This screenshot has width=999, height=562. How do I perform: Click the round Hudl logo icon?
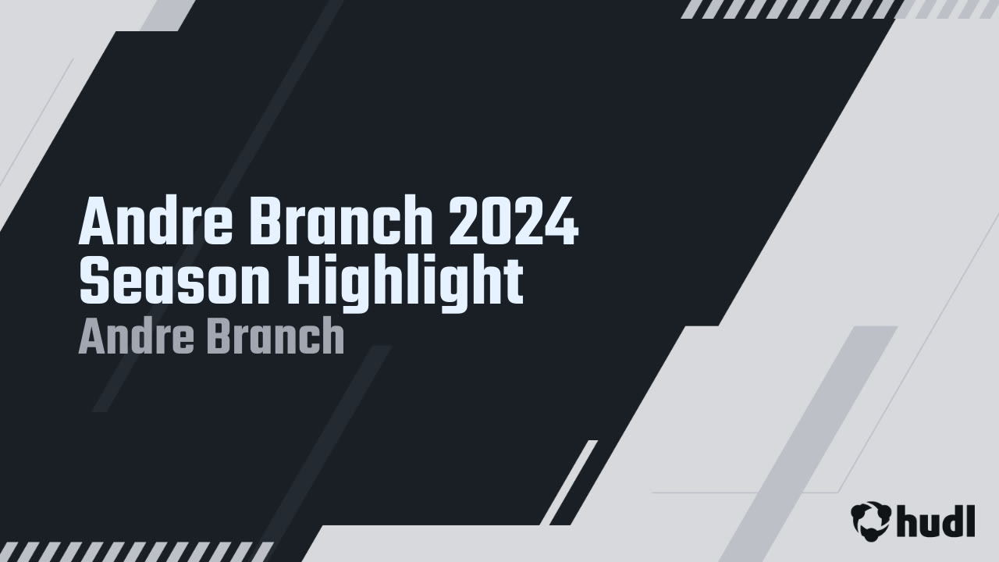point(870,520)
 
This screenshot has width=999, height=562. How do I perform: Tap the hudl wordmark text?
point(935,521)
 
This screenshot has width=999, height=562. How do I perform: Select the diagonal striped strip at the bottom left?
point(137,551)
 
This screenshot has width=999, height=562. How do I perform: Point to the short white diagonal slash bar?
point(569,482)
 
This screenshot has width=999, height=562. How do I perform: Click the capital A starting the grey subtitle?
point(91,337)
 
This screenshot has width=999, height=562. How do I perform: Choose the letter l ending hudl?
point(970,521)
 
